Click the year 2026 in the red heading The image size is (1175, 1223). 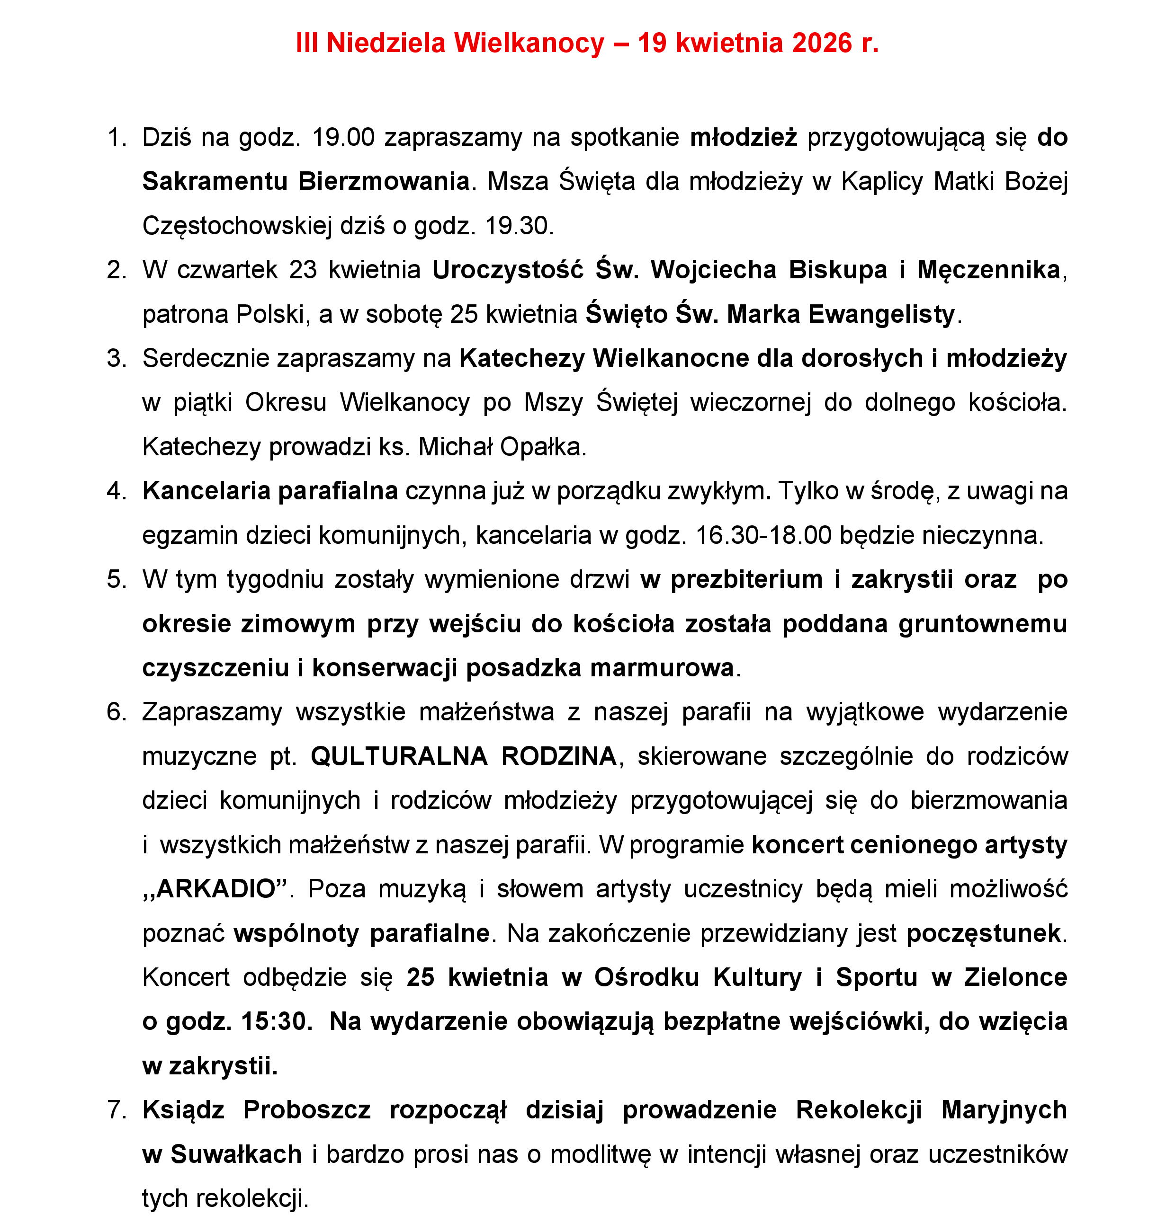[x=822, y=43]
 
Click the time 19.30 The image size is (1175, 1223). [x=519, y=226]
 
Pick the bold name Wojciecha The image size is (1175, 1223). [x=714, y=270]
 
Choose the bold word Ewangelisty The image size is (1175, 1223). [x=881, y=314]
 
